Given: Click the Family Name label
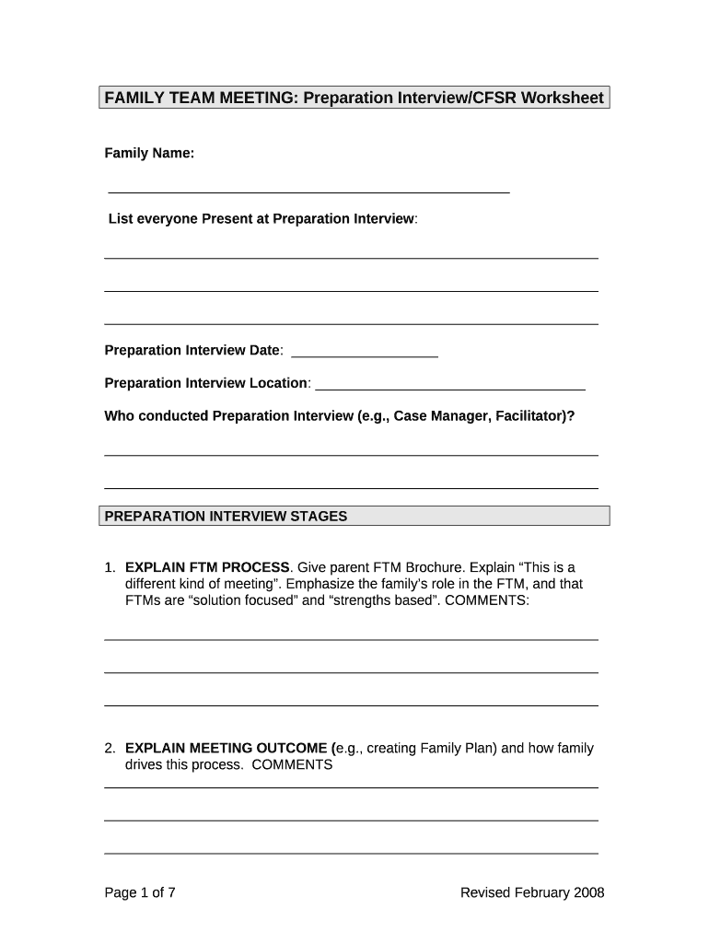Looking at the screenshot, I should click(x=149, y=153).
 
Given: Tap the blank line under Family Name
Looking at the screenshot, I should click(x=308, y=191).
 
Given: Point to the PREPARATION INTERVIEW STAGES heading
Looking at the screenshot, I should click(x=226, y=517).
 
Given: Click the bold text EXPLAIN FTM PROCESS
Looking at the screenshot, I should click(x=207, y=567).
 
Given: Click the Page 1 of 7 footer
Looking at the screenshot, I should click(x=140, y=892).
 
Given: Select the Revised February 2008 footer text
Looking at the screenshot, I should click(x=532, y=892).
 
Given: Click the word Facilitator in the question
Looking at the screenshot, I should click(x=529, y=416).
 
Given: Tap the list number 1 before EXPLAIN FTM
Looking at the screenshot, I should click(x=110, y=567).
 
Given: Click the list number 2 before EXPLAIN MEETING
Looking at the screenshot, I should click(x=110, y=748).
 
